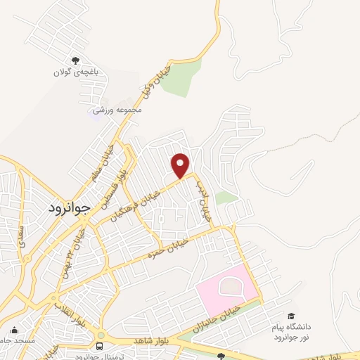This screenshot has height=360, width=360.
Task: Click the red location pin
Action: [181, 165]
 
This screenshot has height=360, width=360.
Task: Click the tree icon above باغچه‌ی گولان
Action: [76, 61]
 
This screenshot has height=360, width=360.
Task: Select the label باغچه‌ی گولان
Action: [77, 72]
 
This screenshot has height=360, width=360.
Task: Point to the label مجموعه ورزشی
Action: [119, 110]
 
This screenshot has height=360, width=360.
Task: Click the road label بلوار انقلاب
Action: [68, 314]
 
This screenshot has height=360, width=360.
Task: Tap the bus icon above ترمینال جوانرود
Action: [100, 347]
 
